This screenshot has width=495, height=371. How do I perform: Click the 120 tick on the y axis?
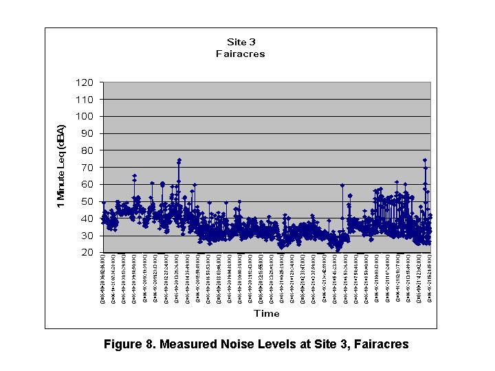tap(85, 82)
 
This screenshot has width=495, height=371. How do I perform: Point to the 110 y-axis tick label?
tap(85, 99)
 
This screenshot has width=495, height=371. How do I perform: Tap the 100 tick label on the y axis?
tap(85, 116)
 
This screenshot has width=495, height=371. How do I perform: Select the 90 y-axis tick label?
tap(87, 133)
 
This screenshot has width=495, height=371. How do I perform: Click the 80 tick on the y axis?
tap(87, 150)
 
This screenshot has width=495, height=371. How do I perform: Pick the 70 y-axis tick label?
tap(87, 167)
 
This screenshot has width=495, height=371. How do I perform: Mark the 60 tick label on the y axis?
tap(87, 184)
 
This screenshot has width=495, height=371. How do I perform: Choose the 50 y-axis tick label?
tap(87, 201)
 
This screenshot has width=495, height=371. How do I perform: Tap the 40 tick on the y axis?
tap(87, 218)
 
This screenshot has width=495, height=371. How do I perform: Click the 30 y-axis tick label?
tap(87, 236)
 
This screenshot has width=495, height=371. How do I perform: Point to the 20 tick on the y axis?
tap(87, 253)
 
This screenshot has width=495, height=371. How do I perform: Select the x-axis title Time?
tap(266, 313)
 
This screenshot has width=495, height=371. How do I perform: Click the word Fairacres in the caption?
tap(379, 344)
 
